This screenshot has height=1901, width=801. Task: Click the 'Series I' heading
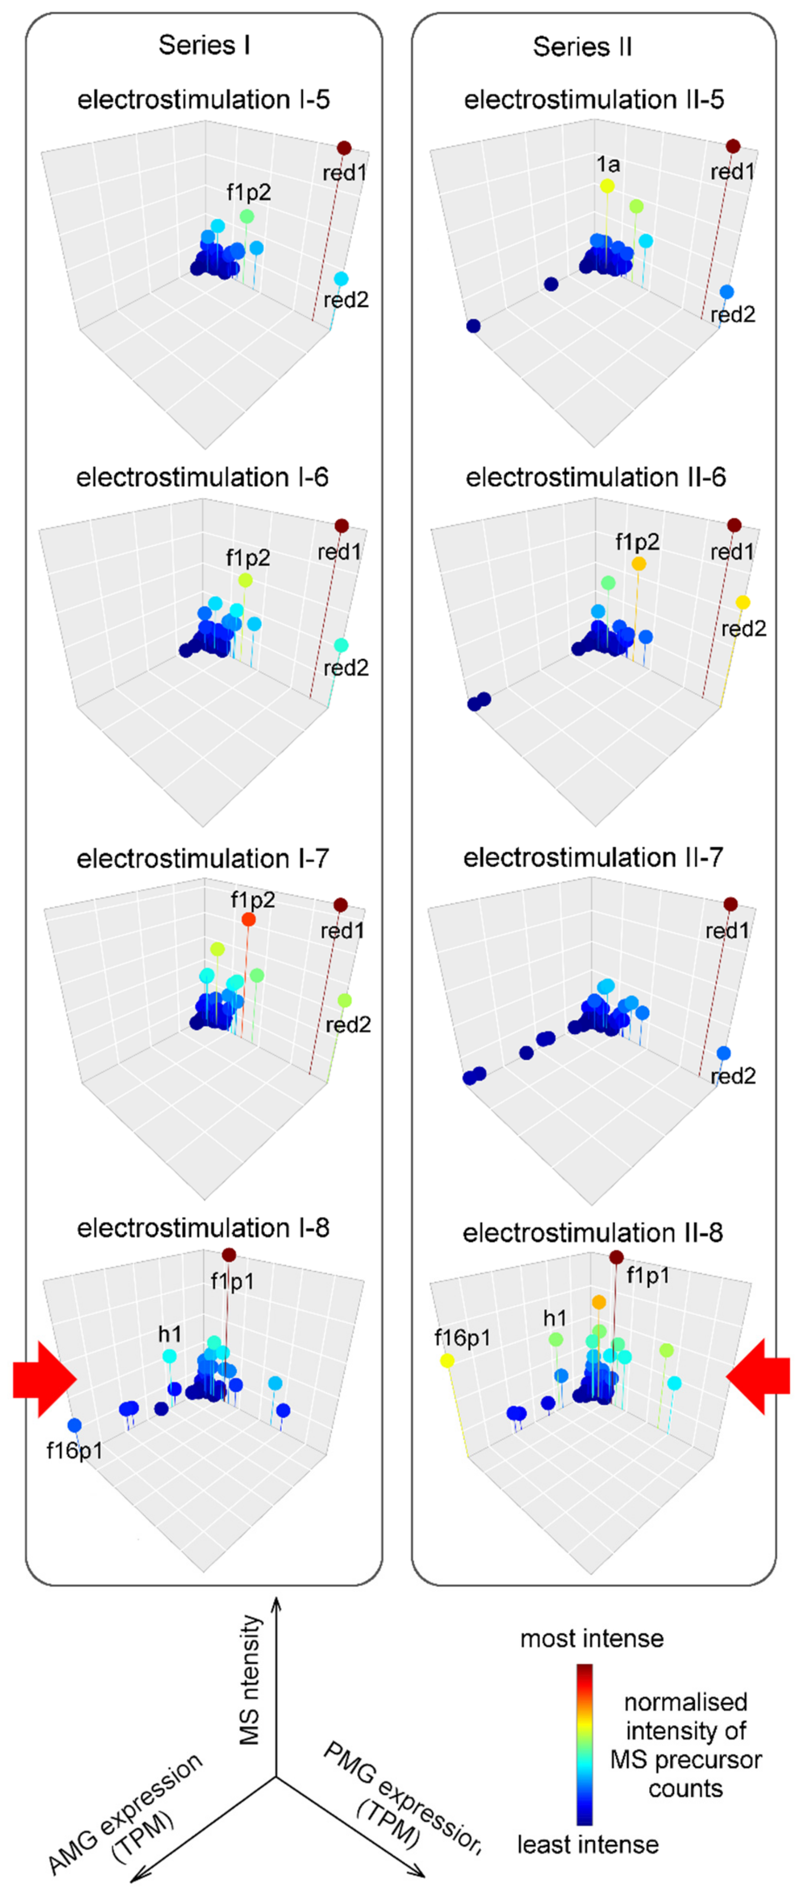[205, 46]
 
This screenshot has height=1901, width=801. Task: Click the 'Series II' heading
[582, 47]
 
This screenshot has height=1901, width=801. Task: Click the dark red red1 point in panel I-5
[344, 148]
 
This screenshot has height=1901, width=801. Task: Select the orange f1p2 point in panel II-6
[639, 564]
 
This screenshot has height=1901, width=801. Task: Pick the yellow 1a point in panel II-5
[607, 186]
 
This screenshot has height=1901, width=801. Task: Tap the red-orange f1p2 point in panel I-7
[249, 919]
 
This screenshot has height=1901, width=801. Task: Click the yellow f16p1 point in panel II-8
[447, 1360]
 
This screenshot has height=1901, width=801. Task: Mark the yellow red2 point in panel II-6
[743, 602]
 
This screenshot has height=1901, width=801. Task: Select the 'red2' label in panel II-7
[733, 1076]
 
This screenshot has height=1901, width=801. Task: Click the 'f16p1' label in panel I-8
[74, 1451]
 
